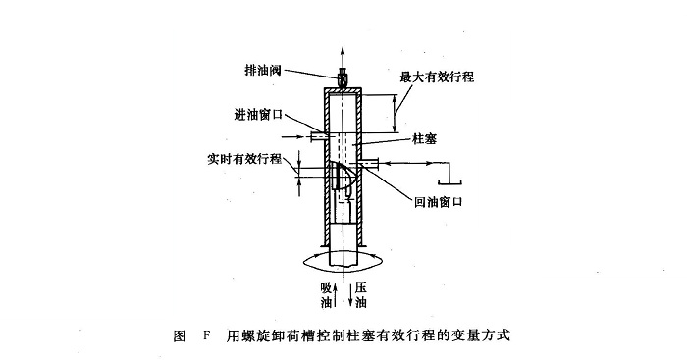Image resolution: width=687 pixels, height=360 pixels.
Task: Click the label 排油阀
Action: (x=262, y=70)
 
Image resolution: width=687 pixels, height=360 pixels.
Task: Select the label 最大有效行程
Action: (x=437, y=77)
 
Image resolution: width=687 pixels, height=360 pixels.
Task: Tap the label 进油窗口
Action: (x=258, y=115)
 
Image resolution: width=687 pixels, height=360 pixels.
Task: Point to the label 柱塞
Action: (x=424, y=139)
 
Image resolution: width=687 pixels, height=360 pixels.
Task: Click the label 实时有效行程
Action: (x=244, y=159)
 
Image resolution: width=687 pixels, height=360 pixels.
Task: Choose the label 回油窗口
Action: (x=438, y=202)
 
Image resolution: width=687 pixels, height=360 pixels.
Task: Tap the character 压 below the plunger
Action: (x=361, y=287)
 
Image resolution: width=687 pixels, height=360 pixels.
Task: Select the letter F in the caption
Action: (x=207, y=336)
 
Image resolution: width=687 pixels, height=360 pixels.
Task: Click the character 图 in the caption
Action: (x=180, y=336)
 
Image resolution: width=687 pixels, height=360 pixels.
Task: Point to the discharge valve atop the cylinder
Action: (x=343, y=78)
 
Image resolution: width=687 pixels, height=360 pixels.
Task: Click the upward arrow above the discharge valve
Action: (x=343, y=56)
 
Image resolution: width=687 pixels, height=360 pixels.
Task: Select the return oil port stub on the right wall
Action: (x=369, y=164)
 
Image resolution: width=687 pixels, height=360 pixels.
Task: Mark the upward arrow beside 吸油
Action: (x=336, y=295)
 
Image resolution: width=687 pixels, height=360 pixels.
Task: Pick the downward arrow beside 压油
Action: (x=351, y=295)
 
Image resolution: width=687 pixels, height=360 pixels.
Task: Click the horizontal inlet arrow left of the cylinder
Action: (x=292, y=137)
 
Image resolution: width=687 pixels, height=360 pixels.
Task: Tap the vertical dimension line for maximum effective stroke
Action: (x=396, y=114)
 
